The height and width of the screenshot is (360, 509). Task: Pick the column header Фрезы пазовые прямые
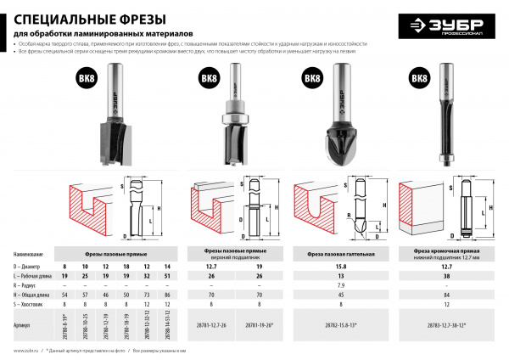coord(120,253)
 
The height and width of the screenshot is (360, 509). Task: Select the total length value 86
coord(166,294)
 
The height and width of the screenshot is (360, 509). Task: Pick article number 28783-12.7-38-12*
coord(451,324)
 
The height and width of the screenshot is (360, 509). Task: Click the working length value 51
coord(166,276)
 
